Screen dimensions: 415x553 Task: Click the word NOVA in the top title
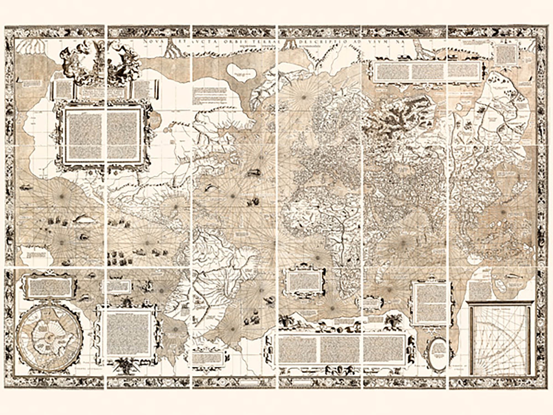151,42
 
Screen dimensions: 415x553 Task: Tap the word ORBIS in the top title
238,42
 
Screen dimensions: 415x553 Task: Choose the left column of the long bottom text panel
298,349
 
